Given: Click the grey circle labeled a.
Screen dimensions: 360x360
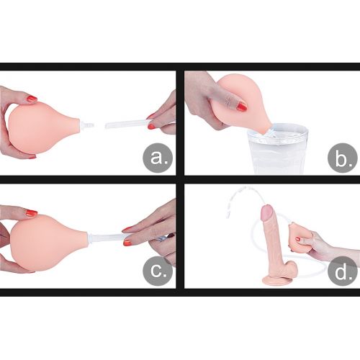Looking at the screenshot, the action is [158, 158].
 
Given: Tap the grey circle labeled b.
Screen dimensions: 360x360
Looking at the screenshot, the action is [343, 158].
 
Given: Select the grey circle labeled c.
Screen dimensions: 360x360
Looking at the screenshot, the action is [158, 271].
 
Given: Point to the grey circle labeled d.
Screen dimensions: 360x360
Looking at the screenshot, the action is [343, 271].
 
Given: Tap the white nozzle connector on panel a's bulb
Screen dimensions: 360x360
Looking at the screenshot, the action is [87, 125].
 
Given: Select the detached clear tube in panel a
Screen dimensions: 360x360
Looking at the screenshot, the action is [128, 125].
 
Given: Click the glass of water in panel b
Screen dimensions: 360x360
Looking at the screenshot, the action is [279, 149].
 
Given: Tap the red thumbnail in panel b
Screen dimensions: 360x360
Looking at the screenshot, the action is [241, 107].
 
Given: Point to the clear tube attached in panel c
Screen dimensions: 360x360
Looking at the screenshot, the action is [108, 238].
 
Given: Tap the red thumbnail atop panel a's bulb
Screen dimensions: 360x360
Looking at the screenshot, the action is [32, 98].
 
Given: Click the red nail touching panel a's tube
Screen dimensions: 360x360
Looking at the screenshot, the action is [151, 127].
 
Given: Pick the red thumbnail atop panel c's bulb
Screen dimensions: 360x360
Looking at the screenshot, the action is [32, 212].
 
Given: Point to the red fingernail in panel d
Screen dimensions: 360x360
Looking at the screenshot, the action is [298, 239].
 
